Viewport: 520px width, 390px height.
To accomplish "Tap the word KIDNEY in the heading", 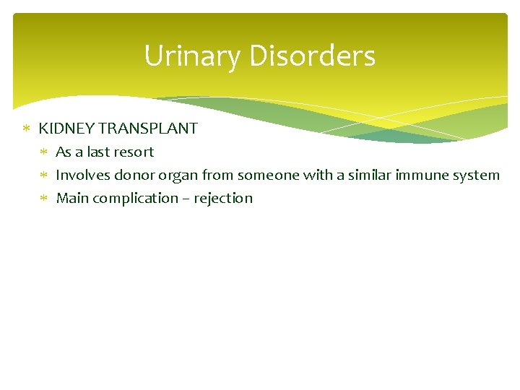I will [x=66, y=129].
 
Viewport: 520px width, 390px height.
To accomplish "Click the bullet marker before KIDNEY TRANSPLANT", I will [x=26, y=129].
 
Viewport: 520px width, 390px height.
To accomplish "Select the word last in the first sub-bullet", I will [x=100, y=152].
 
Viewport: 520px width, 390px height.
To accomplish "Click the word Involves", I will [x=83, y=175].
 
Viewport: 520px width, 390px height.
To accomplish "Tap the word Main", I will [x=71, y=199].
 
